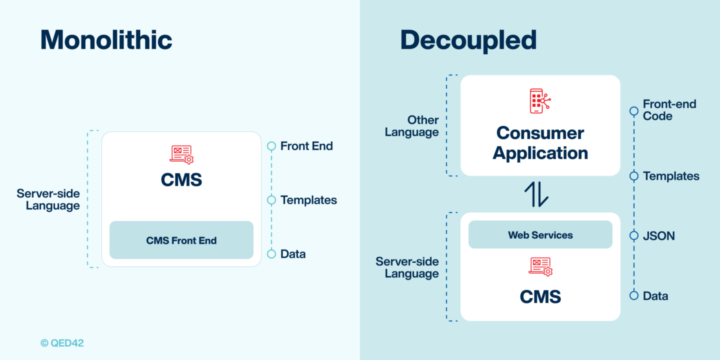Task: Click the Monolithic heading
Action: pos(106,40)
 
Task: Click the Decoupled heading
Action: pos(468,40)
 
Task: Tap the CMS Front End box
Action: pos(181,240)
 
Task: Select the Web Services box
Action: pos(540,235)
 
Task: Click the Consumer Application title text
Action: pos(540,143)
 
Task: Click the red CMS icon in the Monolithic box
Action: pos(181,154)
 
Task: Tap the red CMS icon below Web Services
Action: pos(540,266)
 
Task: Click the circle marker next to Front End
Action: pos(271,146)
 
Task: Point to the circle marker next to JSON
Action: pos(634,235)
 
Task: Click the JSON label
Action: pos(658,236)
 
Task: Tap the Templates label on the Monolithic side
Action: pos(308,200)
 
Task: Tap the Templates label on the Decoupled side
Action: pos(671,176)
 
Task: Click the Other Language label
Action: pos(412,126)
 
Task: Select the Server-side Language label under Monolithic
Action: pos(48,199)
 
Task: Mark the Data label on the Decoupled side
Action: pos(655,296)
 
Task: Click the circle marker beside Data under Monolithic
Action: pos(271,254)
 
